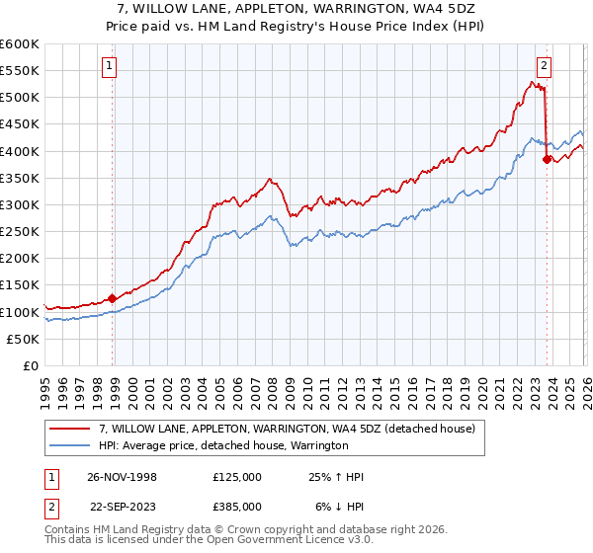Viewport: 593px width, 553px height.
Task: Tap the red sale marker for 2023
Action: [547, 159]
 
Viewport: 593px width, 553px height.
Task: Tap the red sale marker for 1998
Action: [113, 298]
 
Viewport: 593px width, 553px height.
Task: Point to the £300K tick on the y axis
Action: [20, 204]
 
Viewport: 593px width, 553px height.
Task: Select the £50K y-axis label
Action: [24, 339]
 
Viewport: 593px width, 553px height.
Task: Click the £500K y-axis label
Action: [20, 98]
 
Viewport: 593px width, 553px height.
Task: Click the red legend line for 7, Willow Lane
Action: [70, 429]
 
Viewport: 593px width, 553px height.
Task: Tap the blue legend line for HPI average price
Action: [70, 445]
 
